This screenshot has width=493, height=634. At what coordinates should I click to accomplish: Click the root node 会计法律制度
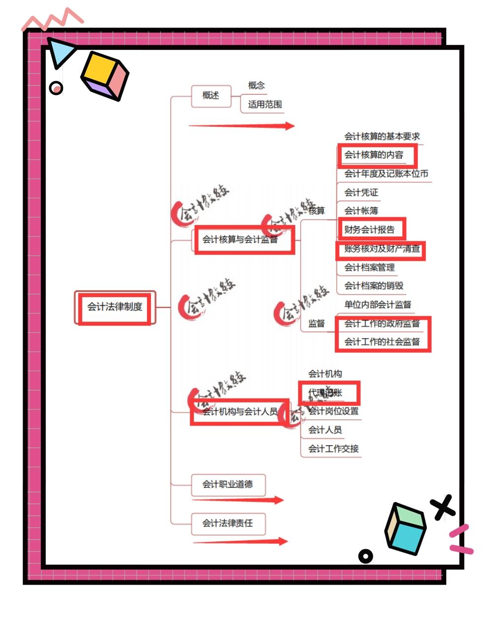coord(115,307)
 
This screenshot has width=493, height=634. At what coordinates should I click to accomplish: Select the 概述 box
coord(211,96)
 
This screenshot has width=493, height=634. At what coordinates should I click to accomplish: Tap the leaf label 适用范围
coord(265,104)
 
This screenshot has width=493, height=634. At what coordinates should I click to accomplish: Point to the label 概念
coord(256,86)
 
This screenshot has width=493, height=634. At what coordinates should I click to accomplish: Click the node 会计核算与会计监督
coord(240,240)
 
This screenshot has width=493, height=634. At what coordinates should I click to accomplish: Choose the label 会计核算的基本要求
coord(382,136)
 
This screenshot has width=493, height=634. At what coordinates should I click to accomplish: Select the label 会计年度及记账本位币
coord(386,174)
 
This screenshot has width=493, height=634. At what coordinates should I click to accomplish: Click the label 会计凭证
coord(361,193)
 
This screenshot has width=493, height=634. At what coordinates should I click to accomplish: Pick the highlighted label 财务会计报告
coord(370,230)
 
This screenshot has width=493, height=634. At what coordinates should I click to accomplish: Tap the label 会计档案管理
coord(370,267)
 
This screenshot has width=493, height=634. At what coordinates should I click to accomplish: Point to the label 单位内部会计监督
coord(378,305)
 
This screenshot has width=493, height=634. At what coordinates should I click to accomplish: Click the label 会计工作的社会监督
coord(382,342)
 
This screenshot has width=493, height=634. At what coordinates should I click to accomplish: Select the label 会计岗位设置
coord(334,411)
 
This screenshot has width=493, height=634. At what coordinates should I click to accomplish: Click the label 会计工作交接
coord(334,449)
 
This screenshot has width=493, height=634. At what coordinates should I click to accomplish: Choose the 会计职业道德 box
coord(228,485)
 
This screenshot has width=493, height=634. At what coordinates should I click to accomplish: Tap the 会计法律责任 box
coord(228,523)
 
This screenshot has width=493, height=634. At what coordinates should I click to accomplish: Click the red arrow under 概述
coord(242,126)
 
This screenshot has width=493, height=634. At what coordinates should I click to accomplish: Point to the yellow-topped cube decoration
coord(105,75)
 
